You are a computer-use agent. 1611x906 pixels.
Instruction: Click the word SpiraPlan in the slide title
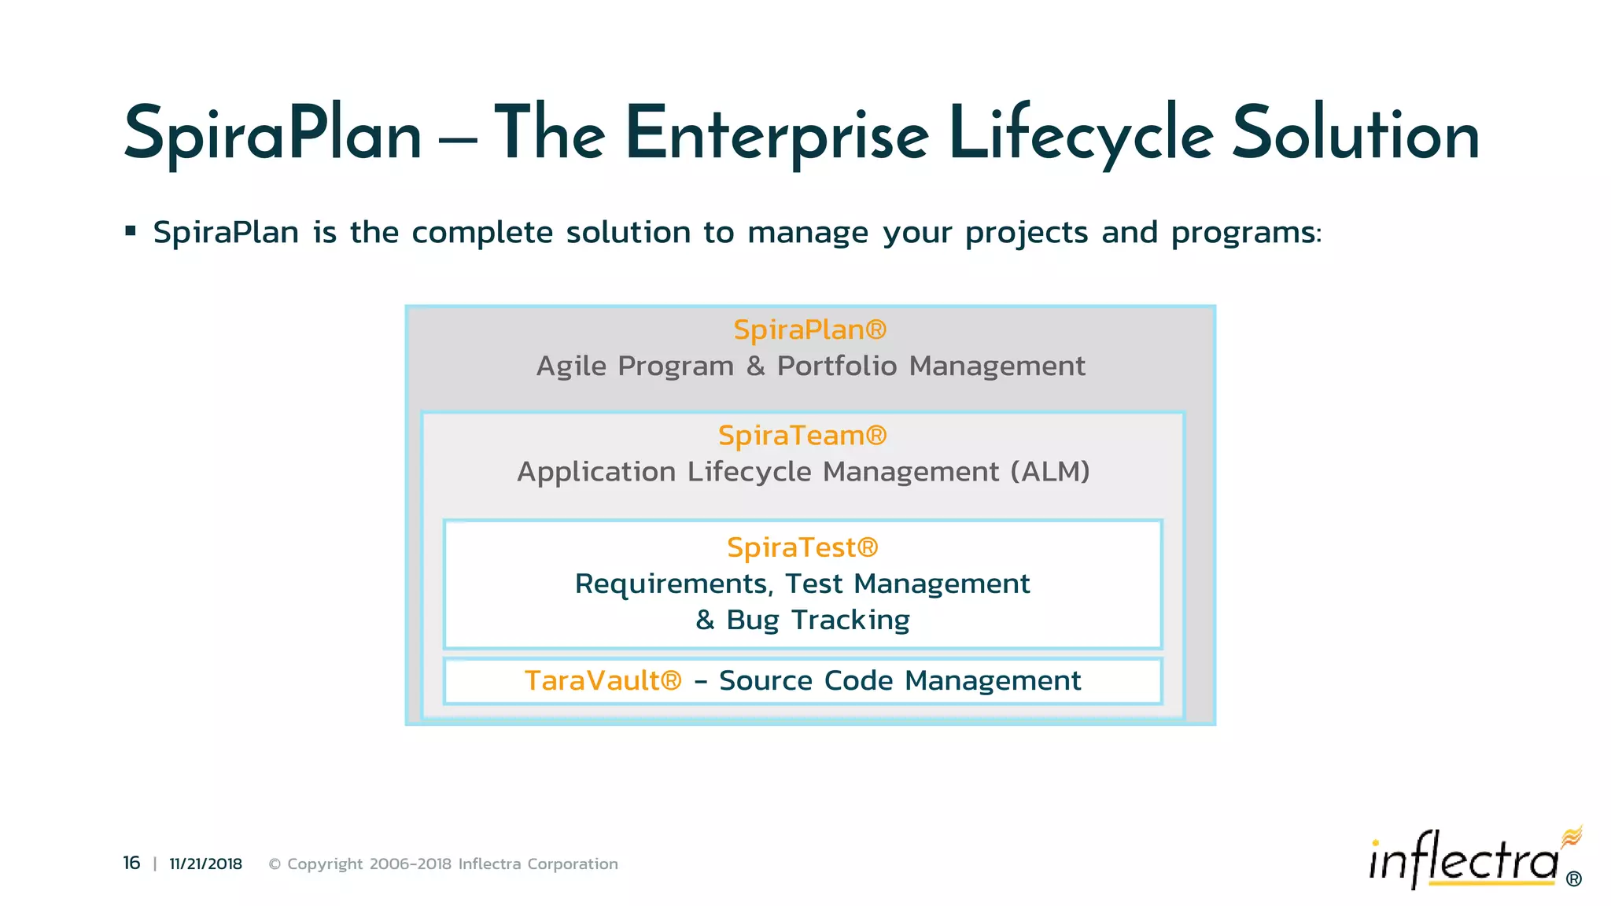(x=273, y=135)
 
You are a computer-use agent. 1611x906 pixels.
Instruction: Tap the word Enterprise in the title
(x=777, y=135)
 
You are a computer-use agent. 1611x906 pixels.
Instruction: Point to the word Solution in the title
(x=1355, y=135)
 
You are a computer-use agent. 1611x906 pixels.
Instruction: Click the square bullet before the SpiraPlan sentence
(x=131, y=231)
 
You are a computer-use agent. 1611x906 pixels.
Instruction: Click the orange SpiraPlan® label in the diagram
(x=809, y=330)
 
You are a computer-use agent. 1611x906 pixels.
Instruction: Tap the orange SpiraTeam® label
(x=802, y=435)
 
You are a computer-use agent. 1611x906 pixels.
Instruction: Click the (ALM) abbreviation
(x=1050, y=472)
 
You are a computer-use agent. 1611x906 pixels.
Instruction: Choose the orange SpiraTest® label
(x=802, y=547)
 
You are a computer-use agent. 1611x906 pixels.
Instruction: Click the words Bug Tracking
(x=818, y=620)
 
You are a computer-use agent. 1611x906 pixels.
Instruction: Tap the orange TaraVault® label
(x=603, y=680)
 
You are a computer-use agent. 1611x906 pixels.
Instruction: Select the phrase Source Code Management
(x=900, y=680)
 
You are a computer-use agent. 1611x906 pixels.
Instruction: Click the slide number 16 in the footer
(x=131, y=863)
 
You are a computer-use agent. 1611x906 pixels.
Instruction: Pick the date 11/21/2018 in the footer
(x=205, y=864)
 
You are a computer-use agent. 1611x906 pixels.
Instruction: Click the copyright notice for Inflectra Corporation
(x=443, y=864)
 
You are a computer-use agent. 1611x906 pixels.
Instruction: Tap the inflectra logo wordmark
(x=1463, y=860)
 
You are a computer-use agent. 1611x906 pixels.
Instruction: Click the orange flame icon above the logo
(x=1572, y=836)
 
